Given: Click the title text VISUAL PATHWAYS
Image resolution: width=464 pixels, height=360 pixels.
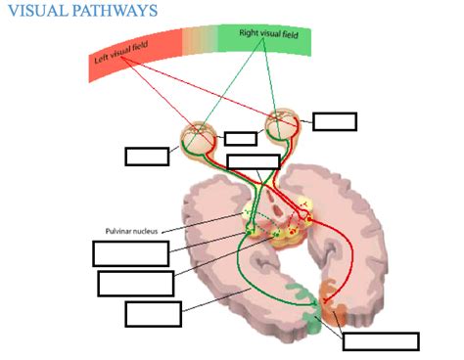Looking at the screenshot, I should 83,11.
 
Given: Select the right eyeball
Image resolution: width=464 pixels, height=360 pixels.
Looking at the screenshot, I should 283,124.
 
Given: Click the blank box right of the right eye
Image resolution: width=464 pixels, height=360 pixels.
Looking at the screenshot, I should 335,121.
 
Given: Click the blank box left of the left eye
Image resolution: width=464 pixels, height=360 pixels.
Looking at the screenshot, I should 147,156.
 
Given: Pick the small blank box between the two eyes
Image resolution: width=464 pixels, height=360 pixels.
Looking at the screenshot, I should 240,138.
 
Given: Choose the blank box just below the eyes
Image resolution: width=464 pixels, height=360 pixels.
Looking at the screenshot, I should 253,161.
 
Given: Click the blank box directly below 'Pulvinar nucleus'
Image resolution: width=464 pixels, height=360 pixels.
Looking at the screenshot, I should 130,252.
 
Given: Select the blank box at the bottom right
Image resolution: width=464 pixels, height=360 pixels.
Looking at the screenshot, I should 381,341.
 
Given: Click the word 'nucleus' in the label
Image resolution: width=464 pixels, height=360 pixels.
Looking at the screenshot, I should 150,231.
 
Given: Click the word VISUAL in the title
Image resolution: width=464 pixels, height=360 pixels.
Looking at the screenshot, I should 40,11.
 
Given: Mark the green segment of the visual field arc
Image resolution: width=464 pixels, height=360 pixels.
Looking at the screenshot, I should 274,40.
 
